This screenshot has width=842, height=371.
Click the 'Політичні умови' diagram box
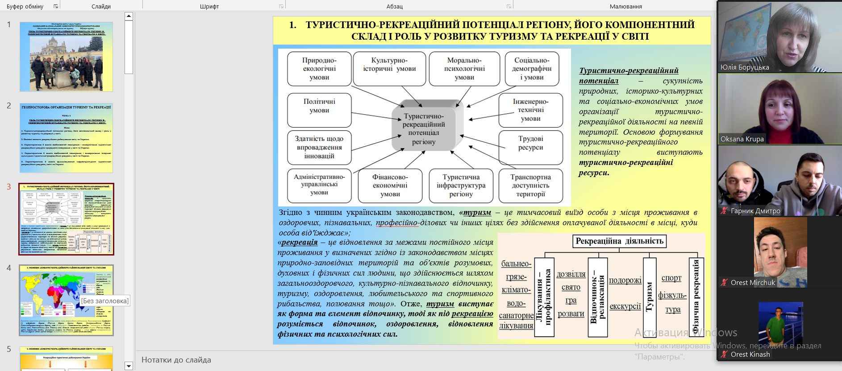point(319,110)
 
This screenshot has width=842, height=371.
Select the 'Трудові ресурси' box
point(530,148)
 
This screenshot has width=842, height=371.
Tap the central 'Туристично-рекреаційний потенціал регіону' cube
point(424,129)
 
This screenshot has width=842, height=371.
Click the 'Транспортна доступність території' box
point(530,185)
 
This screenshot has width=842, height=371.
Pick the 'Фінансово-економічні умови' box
point(390,185)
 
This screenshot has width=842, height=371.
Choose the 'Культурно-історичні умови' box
point(389,68)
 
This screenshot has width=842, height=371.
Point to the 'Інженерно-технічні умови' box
point(530,110)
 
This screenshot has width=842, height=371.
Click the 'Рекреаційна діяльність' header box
point(619,241)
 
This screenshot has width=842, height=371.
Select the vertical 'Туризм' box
point(650,297)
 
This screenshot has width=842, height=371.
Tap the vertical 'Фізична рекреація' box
point(696,297)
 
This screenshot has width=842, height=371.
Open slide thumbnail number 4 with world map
point(66,300)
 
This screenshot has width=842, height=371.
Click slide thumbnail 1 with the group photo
point(66,57)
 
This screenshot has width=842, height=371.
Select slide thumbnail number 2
point(66,138)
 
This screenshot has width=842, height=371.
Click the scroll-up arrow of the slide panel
point(129,16)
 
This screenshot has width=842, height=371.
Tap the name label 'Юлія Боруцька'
point(744,67)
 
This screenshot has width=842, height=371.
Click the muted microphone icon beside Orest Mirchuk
point(724,282)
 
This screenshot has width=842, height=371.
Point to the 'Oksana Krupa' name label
point(742,139)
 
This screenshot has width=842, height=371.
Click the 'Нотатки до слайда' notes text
point(176,360)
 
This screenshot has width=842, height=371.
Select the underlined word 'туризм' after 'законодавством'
point(477,212)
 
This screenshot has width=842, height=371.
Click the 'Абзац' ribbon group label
point(395,6)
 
